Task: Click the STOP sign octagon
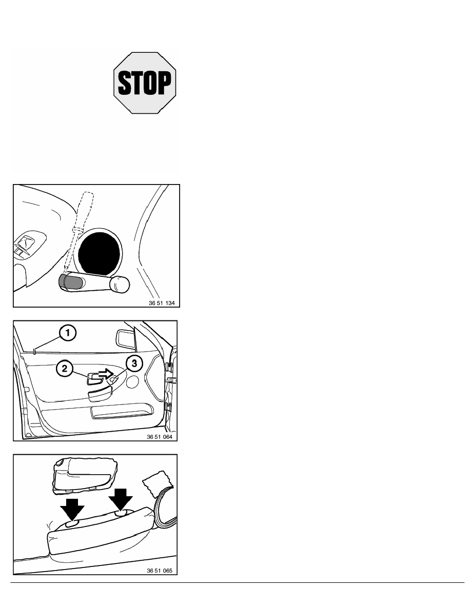click(145, 83)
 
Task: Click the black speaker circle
click(99, 254)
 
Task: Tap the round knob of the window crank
click(119, 285)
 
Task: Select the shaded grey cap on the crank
click(70, 281)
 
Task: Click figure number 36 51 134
click(162, 303)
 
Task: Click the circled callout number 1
click(68, 333)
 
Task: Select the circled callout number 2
click(65, 368)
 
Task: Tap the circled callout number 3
click(134, 363)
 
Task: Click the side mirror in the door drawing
click(125, 337)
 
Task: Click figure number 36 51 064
click(160, 437)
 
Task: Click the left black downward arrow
click(72, 509)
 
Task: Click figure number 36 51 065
click(160, 571)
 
